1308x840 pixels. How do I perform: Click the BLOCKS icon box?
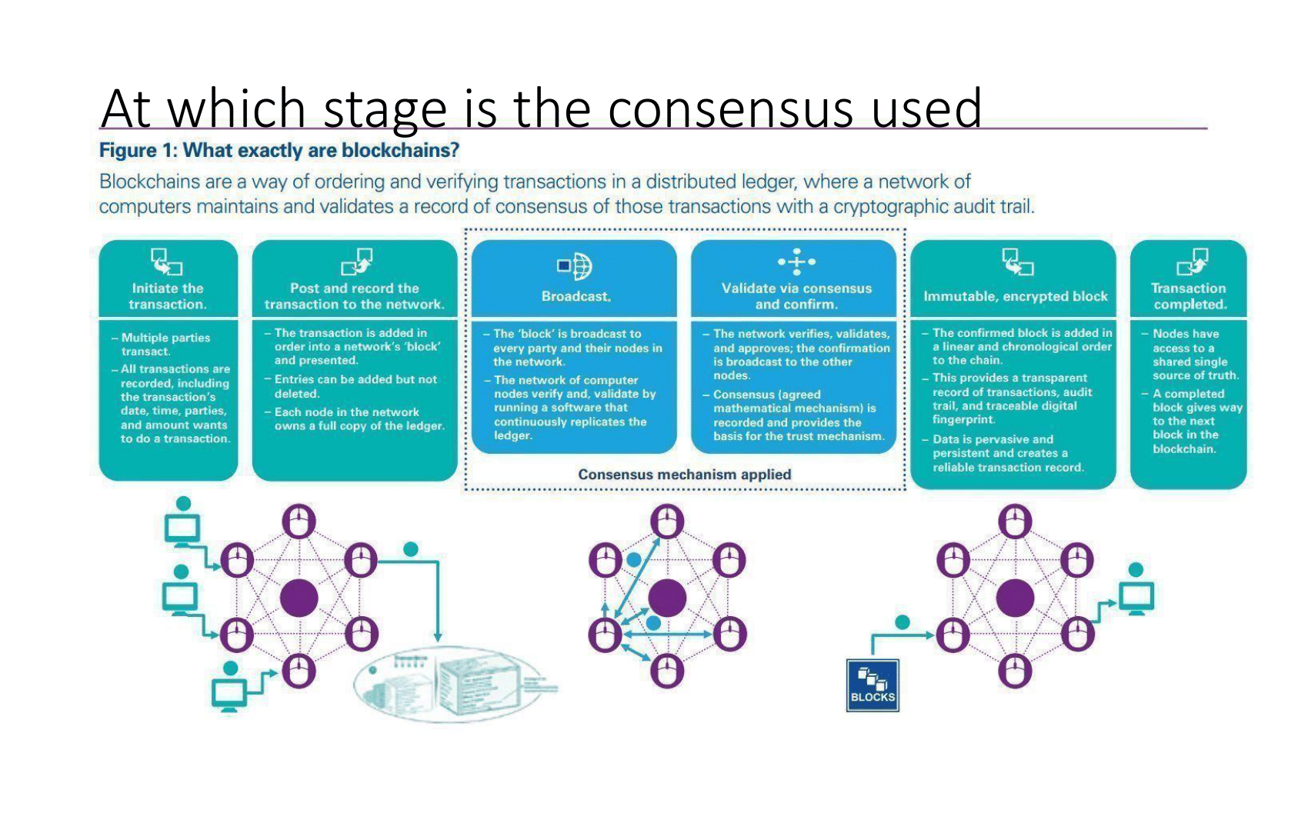[873, 685]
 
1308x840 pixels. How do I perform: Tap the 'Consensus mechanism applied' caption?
[684, 475]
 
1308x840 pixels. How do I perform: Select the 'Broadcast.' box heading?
[576, 296]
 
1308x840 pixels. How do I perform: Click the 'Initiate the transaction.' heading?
[168, 296]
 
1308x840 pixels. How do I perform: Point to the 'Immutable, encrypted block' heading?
[1015, 296]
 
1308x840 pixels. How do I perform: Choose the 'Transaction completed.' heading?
[1189, 296]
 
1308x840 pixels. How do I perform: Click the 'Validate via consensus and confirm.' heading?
[796, 296]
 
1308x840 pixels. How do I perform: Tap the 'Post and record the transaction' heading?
[355, 296]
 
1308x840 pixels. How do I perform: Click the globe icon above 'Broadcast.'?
[576, 266]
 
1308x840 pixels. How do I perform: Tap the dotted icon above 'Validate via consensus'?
[796, 262]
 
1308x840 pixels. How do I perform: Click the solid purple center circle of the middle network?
[667, 598]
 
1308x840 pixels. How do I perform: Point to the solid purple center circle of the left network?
[299, 598]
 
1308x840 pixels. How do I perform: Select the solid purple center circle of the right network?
[1015, 598]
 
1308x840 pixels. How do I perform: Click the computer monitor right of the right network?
[1136, 597]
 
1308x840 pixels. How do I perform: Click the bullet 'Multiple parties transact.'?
[165, 345]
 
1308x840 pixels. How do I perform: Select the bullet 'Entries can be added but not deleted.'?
[355, 386]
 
